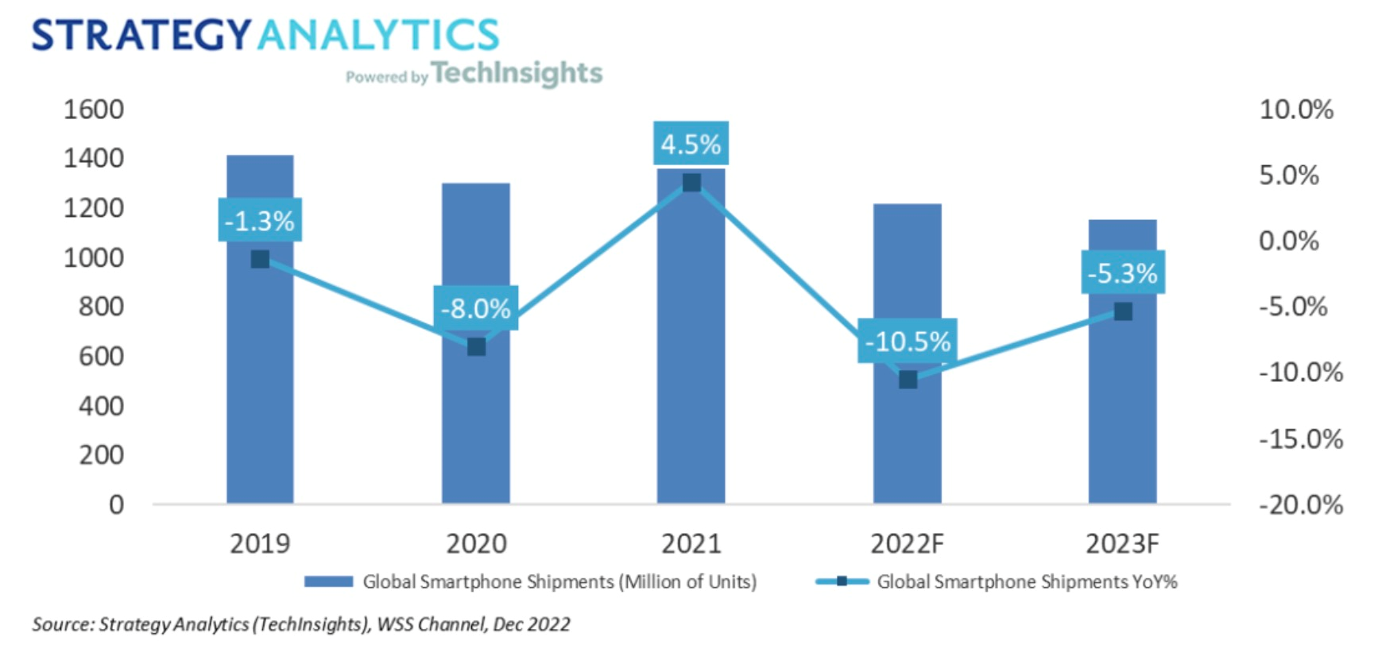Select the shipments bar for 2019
click(x=260, y=381)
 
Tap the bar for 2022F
click(x=907, y=445)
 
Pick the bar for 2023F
click(x=1122, y=413)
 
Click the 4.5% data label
click(x=691, y=144)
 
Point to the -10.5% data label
click(x=907, y=341)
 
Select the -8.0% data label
click(x=475, y=307)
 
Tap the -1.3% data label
click(x=259, y=220)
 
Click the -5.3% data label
click(x=1122, y=272)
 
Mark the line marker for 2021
click(x=691, y=183)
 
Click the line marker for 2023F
click(x=1123, y=311)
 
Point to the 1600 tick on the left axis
click(x=94, y=109)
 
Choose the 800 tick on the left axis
click(x=101, y=306)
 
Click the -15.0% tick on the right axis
click(x=1300, y=438)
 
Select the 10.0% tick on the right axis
click(x=1295, y=109)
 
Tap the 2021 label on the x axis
click(x=691, y=543)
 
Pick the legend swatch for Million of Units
click(x=328, y=581)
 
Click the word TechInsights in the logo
click(x=517, y=73)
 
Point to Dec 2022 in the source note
click(x=531, y=624)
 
